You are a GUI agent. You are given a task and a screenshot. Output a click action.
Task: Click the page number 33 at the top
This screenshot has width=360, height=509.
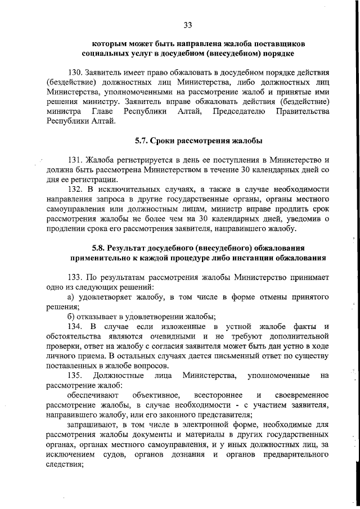(188, 24)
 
